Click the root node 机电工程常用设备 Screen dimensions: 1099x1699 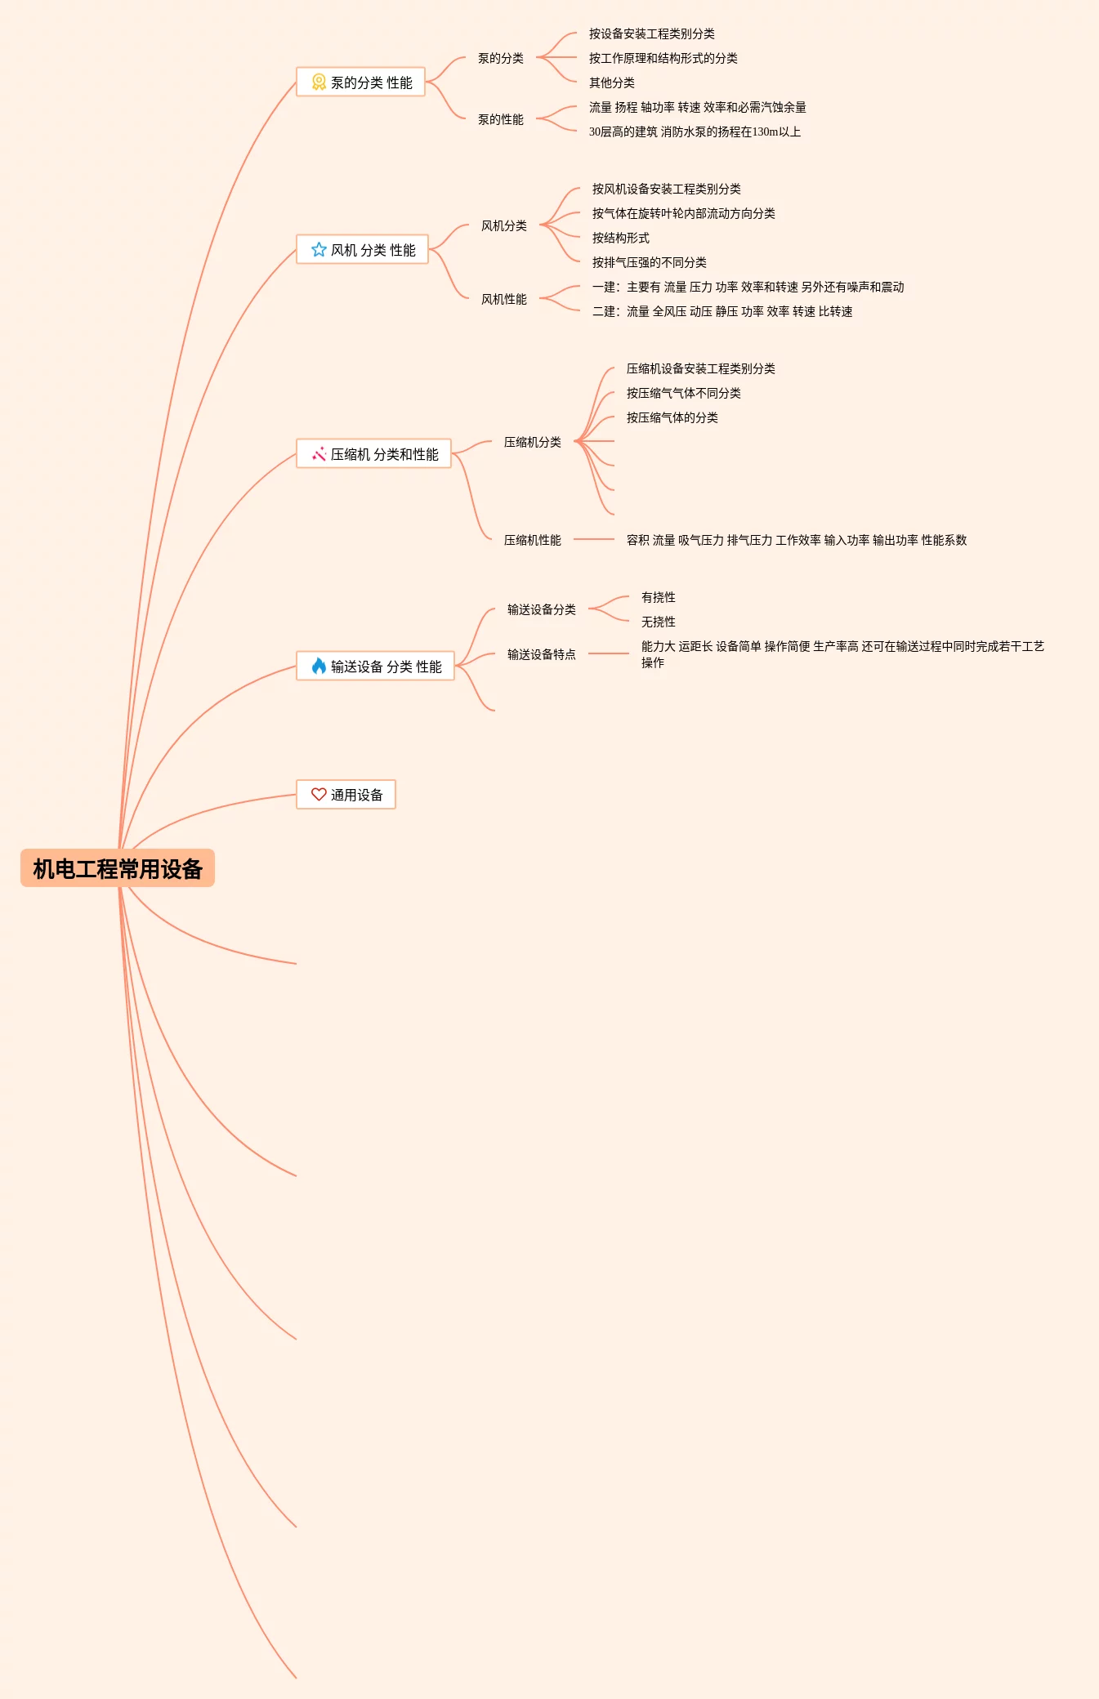pos(118,868)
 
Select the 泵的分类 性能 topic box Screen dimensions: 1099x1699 pos(360,82)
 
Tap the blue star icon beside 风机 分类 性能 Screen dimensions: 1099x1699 pos(319,250)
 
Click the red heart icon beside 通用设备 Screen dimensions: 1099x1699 pos(319,795)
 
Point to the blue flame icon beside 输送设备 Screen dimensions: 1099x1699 pos(319,667)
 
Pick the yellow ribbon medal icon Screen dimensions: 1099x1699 pos(319,82)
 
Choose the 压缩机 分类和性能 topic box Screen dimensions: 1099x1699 pos(373,454)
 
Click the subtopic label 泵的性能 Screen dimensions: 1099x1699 pos(501,119)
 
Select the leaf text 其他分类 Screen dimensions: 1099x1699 pos(612,82)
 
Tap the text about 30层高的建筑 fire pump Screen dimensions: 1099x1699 pos(695,132)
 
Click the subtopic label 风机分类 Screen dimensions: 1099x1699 pos(504,225)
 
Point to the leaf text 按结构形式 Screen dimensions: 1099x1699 pos(621,238)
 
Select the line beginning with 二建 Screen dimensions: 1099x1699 pos(722,311)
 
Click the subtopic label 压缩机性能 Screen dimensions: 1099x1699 pos(533,540)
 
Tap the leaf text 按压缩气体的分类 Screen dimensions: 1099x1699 pos(672,417)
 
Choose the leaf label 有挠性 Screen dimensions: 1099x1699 pos(659,597)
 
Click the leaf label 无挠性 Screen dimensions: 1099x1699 pos(659,622)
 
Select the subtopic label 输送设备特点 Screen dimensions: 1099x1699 pos(542,654)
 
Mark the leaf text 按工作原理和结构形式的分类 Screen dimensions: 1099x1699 pos(663,58)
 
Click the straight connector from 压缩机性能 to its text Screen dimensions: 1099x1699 pos(594,540)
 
